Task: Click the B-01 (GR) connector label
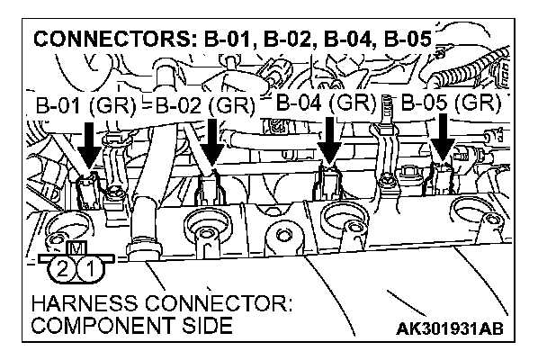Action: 85,107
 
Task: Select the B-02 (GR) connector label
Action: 205,107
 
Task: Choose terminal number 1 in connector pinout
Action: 87,267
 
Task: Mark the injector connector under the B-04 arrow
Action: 328,182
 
